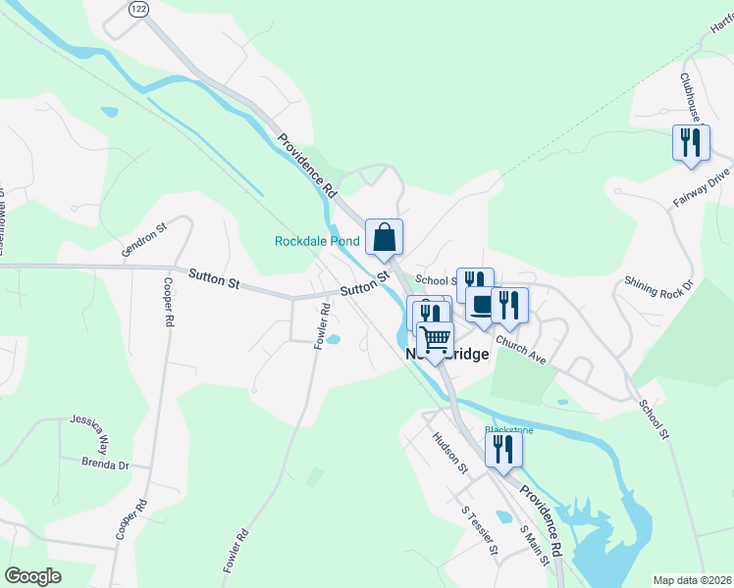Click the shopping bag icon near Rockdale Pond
point(383,236)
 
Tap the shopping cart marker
point(435,339)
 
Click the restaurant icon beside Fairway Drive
point(691,142)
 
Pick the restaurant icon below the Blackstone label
point(503,449)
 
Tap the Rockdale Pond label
point(317,241)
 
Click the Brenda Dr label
point(105,463)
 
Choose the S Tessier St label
point(482,529)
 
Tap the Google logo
point(32,576)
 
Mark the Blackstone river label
point(509,429)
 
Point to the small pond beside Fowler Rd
point(333,340)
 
